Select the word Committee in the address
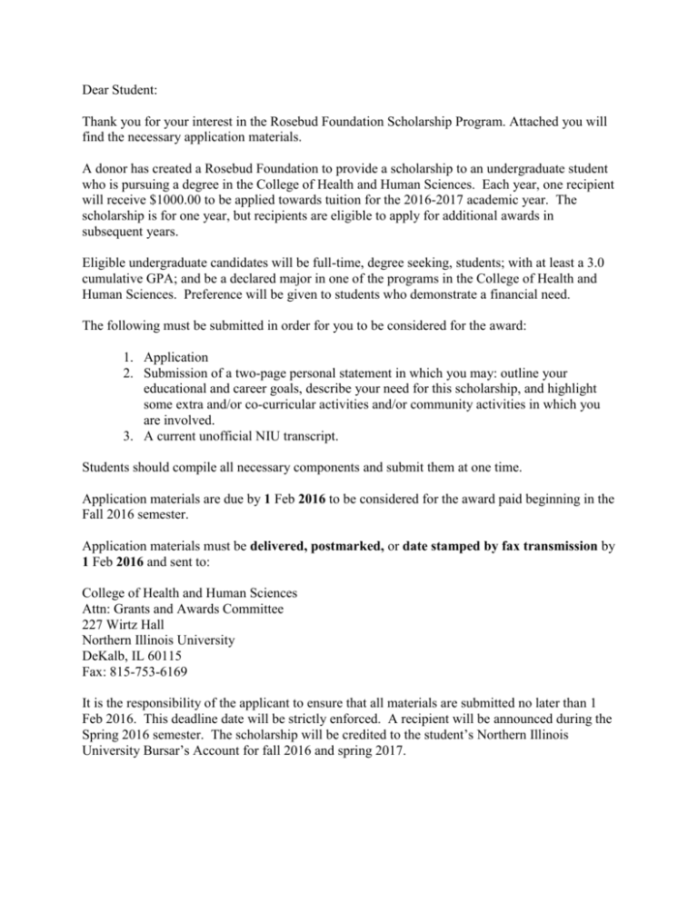[x=275, y=673]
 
